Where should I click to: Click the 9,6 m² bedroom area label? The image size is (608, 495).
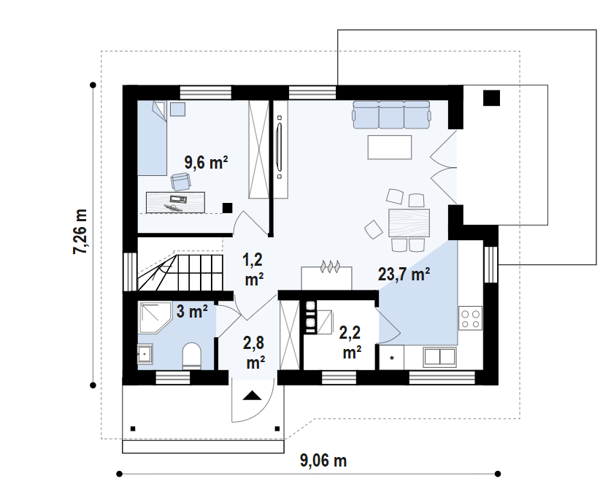(x=206, y=162)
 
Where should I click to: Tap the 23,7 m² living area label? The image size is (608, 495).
(x=404, y=274)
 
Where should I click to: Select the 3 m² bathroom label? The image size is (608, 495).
(x=192, y=311)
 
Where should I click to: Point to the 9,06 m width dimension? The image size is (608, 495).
(x=323, y=461)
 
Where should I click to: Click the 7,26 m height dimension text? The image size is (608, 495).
(x=80, y=231)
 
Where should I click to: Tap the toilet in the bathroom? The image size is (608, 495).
(x=192, y=355)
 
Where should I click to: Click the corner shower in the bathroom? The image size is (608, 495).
(x=155, y=318)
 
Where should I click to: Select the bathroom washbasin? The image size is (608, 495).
(x=145, y=354)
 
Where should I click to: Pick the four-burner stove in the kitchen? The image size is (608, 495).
(x=470, y=318)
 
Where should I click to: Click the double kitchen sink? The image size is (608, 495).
(x=439, y=357)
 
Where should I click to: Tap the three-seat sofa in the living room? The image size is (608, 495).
(x=391, y=115)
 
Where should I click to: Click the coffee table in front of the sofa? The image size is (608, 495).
(x=390, y=147)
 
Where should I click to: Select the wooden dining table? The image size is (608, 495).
(x=409, y=223)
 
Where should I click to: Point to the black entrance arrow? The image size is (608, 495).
(x=253, y=396)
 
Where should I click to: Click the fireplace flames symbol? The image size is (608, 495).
(x=330, y=266)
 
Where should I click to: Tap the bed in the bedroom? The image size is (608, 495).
(x=153, y=138)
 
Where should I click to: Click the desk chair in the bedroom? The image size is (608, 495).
(x=181, y=182)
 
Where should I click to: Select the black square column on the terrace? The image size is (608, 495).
(x=491, y=98)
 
